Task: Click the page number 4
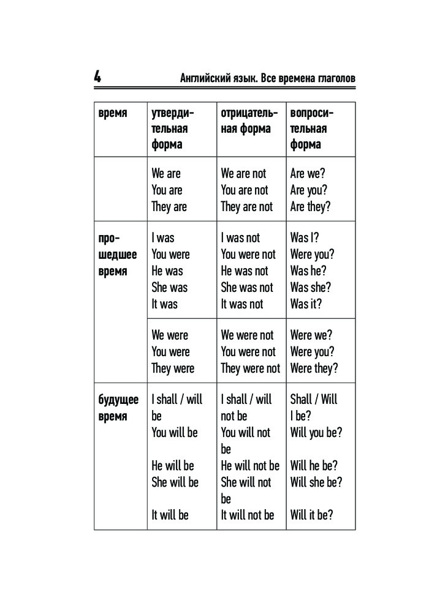[x=98, y=78]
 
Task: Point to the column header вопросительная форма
[x=312, y=129]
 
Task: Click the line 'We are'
[x=166, y=173]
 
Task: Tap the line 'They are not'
[x=247, y=206]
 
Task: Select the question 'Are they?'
[x=310, y=206]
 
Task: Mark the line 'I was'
[x=163, y=237]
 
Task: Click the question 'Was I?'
[x=305, y=237]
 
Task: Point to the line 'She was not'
[x=247, y=287]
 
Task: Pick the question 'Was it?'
[x=306, y=304]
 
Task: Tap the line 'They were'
[x=173, y=368]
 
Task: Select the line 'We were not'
[x=247, y=335]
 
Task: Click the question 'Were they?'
[x=314, y=368]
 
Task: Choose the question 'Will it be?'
[x=312, y=515]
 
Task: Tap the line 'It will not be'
[x=248, y=515]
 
